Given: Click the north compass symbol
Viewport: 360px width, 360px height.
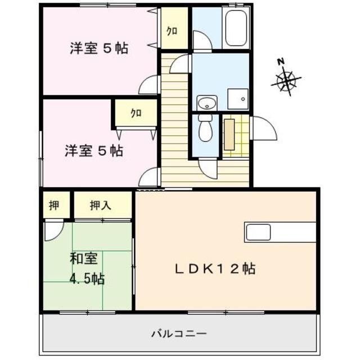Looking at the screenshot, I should pyautogui.click(x=287, y=80).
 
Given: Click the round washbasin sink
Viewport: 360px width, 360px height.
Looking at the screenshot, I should pyautogui.click(x=207, y=103).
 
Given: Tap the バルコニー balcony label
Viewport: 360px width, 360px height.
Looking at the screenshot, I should pyautogui.click(x=179, y=334).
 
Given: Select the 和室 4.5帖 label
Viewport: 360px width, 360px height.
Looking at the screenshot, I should pyautogui.click(x=86, y=269).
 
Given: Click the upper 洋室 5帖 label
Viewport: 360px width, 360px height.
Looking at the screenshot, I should pyautogui.click(x=98, y=49).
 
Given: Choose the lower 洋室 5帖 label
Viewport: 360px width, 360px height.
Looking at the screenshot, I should pyautogui.click(x=93, y=151).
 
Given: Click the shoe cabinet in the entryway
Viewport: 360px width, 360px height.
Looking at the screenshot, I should pyautogui.click(x=229, y=134).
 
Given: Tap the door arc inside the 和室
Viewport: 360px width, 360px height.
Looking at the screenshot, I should pyautogui.click(x=54, y=231).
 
